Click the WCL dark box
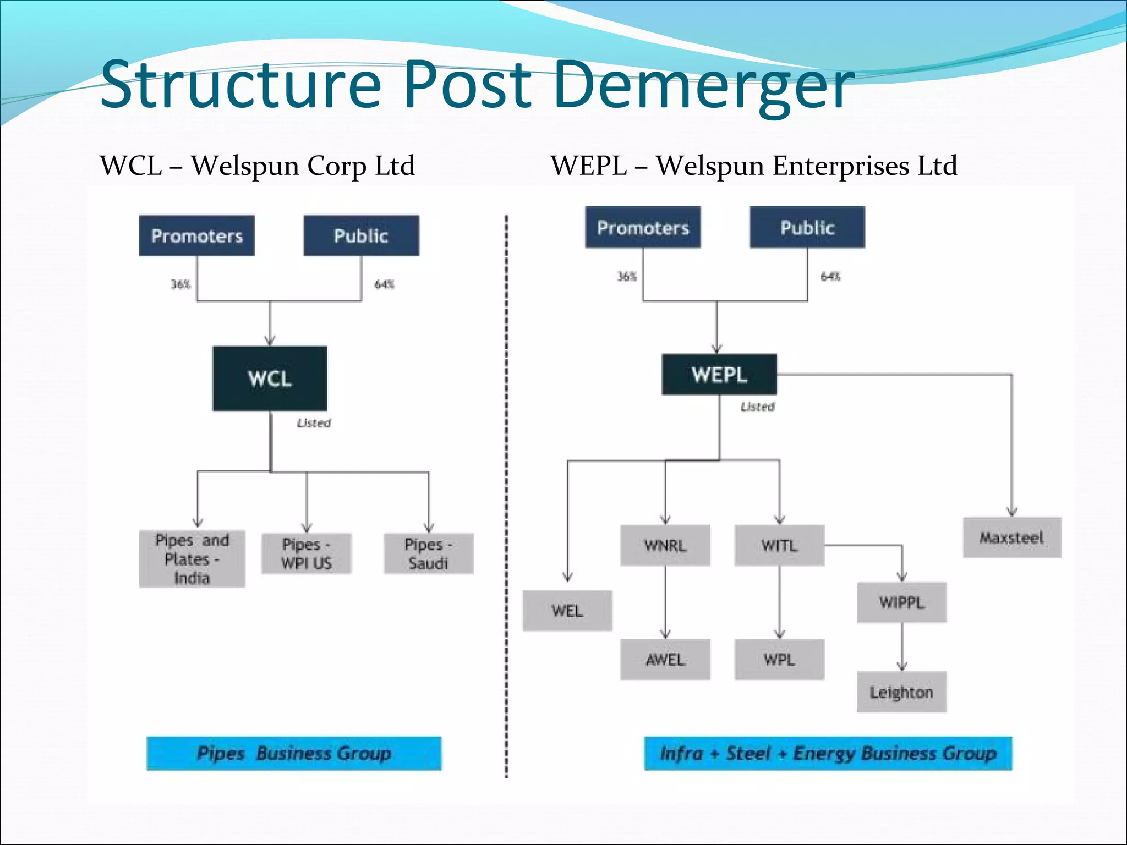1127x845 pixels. click(x=270, y=378)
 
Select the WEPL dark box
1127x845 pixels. click(x=719, y=375)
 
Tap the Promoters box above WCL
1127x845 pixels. click(x=196, y=236)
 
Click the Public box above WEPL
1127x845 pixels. click(x=807, y=227)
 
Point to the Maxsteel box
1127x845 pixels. click(x=1012, y=537)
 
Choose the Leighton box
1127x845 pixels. click(x=901, y=692)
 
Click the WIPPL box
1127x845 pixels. click(x=901, y=602)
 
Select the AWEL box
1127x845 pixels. click(x=665, y=660)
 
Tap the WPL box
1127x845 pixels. click(x=779, y=660)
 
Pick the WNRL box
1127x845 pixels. click(x=665, y=546)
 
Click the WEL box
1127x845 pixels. click(x=567, y=611)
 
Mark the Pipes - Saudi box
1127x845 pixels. click(x=428, y=554)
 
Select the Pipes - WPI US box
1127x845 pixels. click(x=307, y=554)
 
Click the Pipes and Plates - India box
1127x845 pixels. click(x=192, y=559)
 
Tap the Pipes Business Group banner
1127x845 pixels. click(x=294, y=753)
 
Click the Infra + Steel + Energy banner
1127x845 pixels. click(x=828, y=753)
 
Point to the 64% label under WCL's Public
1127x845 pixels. click(x=384, y=284)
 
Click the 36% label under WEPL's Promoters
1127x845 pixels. click(x=626, y=276)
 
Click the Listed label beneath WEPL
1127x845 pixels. click(x=757, y=407)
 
